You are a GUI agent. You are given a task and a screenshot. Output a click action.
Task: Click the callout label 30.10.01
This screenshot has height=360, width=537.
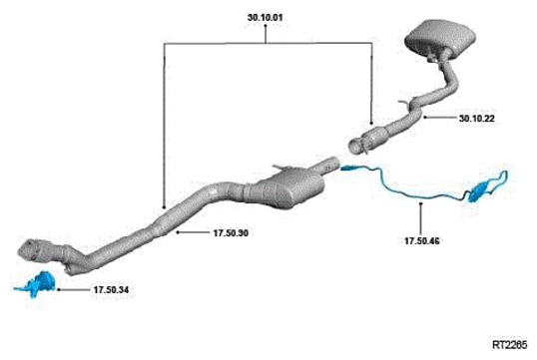tap(266, 18)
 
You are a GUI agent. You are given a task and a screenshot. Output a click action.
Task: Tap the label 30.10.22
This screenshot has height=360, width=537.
tap(477, 119)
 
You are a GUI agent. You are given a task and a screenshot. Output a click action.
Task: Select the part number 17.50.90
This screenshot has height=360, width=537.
tap(231, 233)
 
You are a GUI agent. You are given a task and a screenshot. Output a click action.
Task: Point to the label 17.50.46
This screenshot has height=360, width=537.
tap(421, 241)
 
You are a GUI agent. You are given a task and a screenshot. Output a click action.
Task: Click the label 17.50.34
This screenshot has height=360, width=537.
tap(112, 290)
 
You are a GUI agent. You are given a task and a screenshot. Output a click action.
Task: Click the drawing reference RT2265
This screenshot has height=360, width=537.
tap(510, 345)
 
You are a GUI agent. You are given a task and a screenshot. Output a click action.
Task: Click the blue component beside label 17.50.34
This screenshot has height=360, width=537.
tap(38, 283)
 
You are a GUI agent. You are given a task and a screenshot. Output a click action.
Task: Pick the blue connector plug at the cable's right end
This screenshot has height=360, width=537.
tap(479, 192)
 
